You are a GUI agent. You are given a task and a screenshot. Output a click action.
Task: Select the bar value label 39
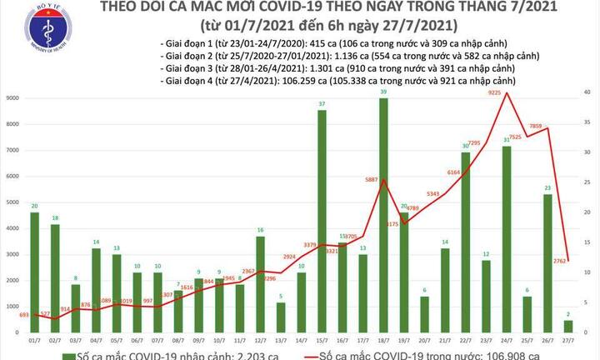coord(383,92)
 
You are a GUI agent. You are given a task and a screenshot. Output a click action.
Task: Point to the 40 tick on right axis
coord(587,92)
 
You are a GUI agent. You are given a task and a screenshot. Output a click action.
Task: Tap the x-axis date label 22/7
coord(464,339)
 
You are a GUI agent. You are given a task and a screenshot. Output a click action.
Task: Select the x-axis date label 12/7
coord(260,339)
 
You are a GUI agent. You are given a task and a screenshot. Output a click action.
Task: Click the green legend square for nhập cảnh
coord(17,352)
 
